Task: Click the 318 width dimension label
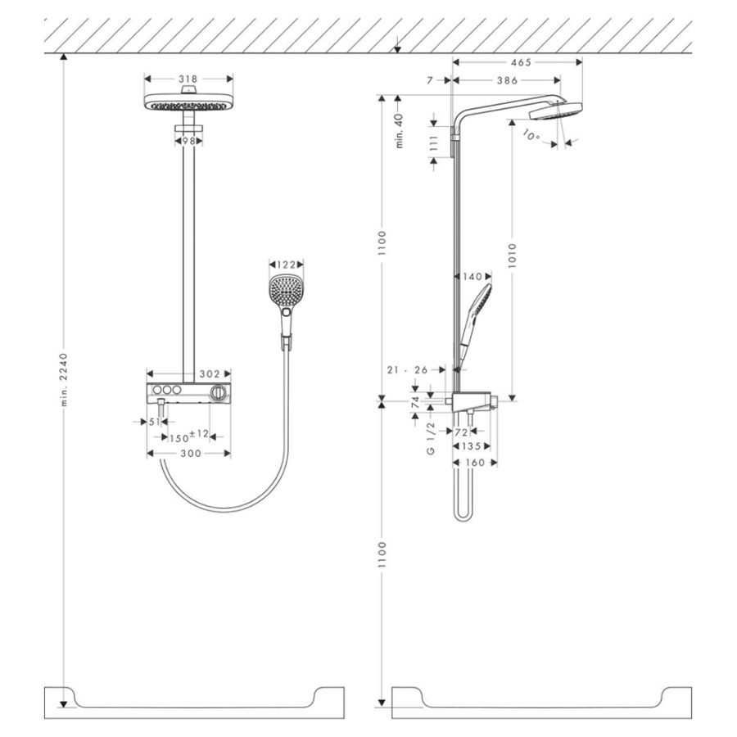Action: click(x=188, y=79)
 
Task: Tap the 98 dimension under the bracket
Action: click(x=188, y=141)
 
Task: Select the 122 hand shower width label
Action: click(x=287, y=265)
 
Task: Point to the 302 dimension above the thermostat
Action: click(x=210, y=373)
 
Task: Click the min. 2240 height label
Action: click(x=64, y=380)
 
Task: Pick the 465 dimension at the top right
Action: click(x=521, y=62)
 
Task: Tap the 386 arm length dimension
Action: click(x=507, y=80)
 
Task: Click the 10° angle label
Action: click(x=531, y=136)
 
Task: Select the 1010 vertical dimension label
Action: click(x=513, y=255)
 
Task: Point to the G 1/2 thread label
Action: click(x=431, y=438)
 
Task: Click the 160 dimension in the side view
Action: click(x=475, y=463)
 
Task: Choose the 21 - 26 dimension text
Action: click(x=408, y=370)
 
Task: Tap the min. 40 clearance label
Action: click(x=400, y=131)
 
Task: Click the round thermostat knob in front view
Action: click(x=218, y=392)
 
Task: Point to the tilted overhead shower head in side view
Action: click(x=555, y=111)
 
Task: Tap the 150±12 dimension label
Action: click(x=189, y=436)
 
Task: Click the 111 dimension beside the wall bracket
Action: click(x=433, y=142)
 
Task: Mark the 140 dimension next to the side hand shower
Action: click(x=472, y=277)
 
